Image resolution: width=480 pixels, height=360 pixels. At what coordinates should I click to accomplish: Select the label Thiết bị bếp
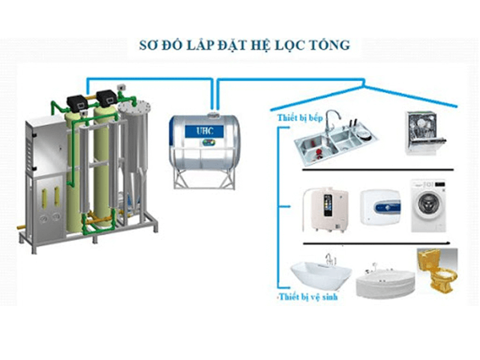(x=300, y=118)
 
